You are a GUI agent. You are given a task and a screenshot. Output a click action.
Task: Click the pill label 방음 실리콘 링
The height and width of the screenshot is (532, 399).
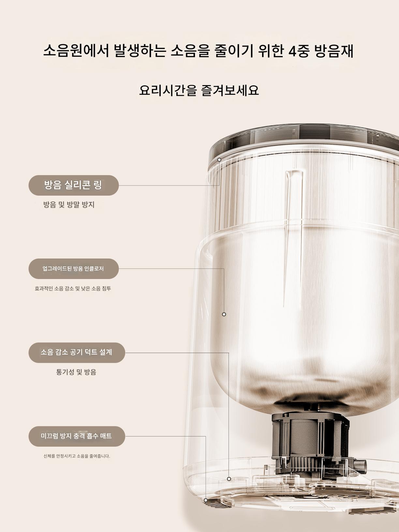74,185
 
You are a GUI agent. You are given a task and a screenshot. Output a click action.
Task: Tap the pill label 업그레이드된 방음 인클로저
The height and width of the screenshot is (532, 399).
74,269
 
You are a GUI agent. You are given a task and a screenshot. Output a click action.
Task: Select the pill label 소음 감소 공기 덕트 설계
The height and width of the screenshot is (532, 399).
77,353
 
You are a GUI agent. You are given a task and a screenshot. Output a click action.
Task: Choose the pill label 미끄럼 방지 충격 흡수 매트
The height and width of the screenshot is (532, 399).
77,436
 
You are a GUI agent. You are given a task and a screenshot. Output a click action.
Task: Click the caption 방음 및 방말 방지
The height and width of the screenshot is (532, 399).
69,205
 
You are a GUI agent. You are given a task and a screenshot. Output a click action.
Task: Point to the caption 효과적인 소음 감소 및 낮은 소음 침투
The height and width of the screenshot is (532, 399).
73,288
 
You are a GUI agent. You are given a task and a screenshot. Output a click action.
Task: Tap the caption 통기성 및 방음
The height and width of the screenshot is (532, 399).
76,372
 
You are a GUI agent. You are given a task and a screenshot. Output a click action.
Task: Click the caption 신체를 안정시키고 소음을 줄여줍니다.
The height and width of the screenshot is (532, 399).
77,456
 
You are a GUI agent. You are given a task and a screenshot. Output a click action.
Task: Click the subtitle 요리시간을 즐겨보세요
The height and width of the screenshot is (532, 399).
199,90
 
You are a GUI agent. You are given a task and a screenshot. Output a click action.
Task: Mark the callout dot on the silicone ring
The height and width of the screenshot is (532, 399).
219,160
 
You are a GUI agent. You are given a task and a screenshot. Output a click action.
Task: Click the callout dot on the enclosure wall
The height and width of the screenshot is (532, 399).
224,314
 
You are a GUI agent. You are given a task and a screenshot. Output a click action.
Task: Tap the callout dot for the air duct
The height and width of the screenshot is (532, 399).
229,479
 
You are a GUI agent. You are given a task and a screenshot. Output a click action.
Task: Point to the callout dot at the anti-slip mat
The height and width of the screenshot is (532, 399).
206,500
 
